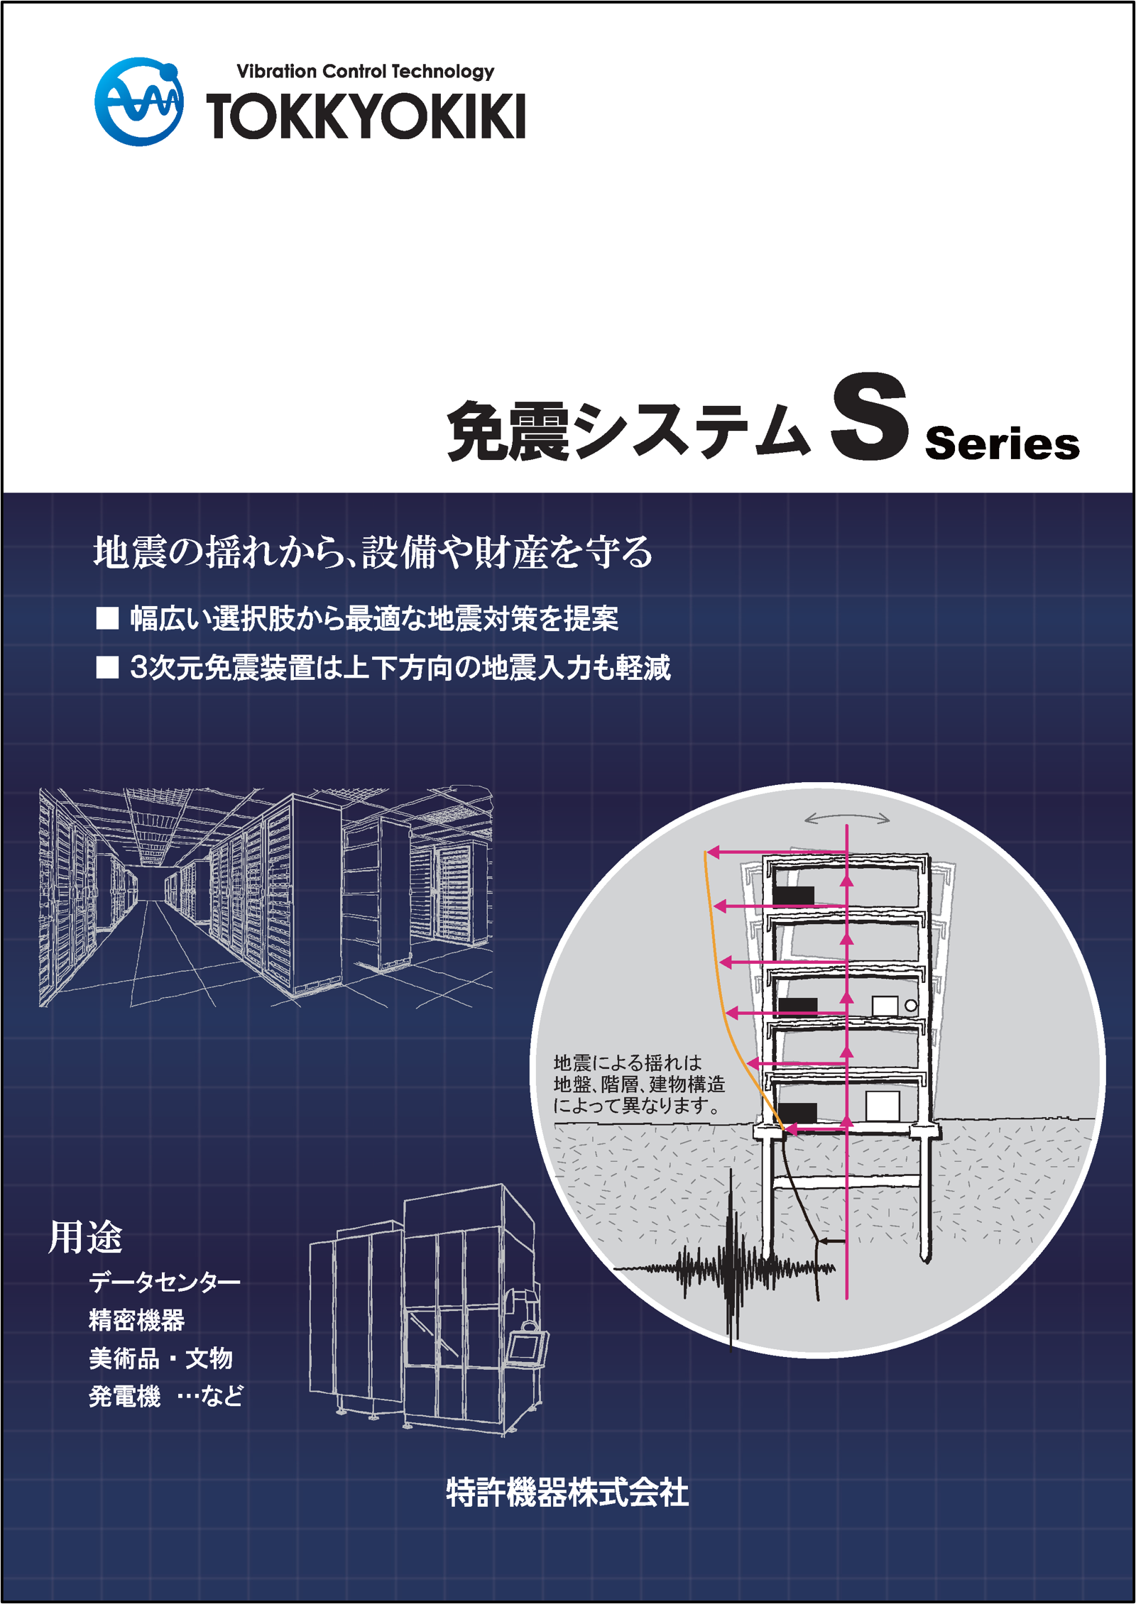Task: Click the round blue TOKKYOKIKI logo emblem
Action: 139,101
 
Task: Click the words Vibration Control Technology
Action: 366,72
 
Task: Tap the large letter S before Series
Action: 870,417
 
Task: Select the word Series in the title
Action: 1003,444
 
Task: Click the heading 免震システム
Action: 629,430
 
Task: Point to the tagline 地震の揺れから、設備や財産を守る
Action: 373,552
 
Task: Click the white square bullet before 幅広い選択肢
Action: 107,618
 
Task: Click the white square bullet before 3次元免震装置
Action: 107,667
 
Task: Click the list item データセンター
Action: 165,1282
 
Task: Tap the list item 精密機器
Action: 137,1320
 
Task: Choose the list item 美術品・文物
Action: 161,1358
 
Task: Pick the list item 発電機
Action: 125,1396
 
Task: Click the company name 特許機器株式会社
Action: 567,1491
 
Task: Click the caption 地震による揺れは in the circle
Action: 628,1062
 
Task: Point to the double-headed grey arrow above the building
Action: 846,818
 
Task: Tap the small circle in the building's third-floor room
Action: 911,1005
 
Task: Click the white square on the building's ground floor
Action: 883,1106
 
